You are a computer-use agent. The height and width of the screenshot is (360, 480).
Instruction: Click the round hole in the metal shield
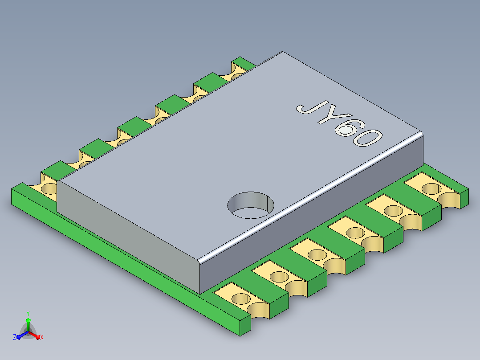click(251, 205)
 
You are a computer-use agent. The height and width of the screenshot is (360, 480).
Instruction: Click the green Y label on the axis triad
click(28, 314)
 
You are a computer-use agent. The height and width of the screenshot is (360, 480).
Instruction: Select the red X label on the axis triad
click(42, 337)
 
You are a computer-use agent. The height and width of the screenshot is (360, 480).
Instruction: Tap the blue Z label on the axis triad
click(14, 337)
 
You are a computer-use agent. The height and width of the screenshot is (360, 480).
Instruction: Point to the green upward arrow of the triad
click(28, 324)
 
